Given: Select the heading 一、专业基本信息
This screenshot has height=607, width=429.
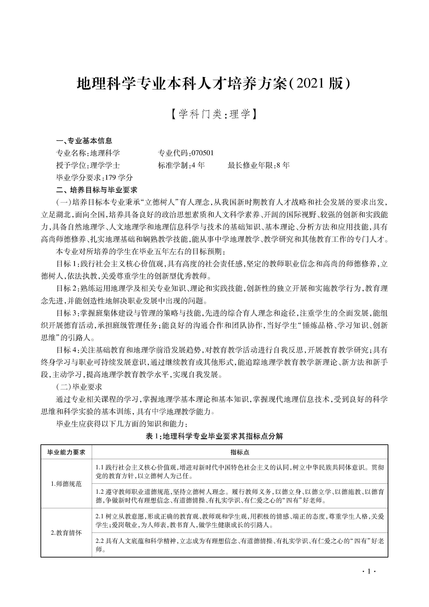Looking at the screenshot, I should [x=84, y=141].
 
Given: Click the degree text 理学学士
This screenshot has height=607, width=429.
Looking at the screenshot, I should [x=105, y=165].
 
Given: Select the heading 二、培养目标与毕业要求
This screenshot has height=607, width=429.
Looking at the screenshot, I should [x=97, y=190].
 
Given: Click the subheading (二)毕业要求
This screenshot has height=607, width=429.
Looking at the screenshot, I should [x=79, y=387].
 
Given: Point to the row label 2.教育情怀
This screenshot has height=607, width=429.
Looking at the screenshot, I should [x=66, y=533].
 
